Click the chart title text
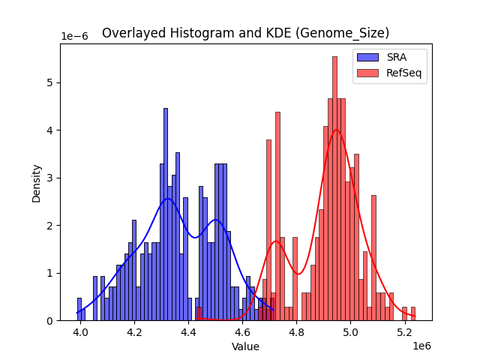coord(245,33)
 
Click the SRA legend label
coord(396,58)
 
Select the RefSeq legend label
coord(403,73)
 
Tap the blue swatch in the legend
coord(368,58)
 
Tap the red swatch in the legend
coord(368,73)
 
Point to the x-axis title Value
coord(245,346)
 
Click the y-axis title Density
coord(37,182)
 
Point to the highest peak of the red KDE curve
coord(336,130)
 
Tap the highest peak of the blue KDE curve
coord(168,198)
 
